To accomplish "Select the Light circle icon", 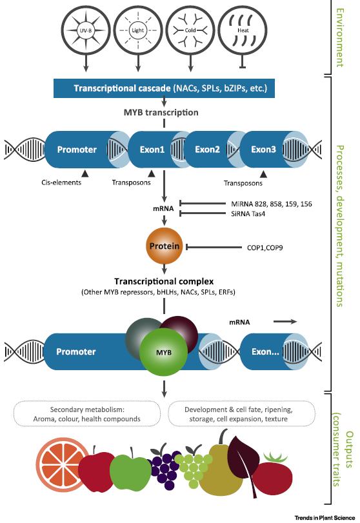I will (x=137, y=30).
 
